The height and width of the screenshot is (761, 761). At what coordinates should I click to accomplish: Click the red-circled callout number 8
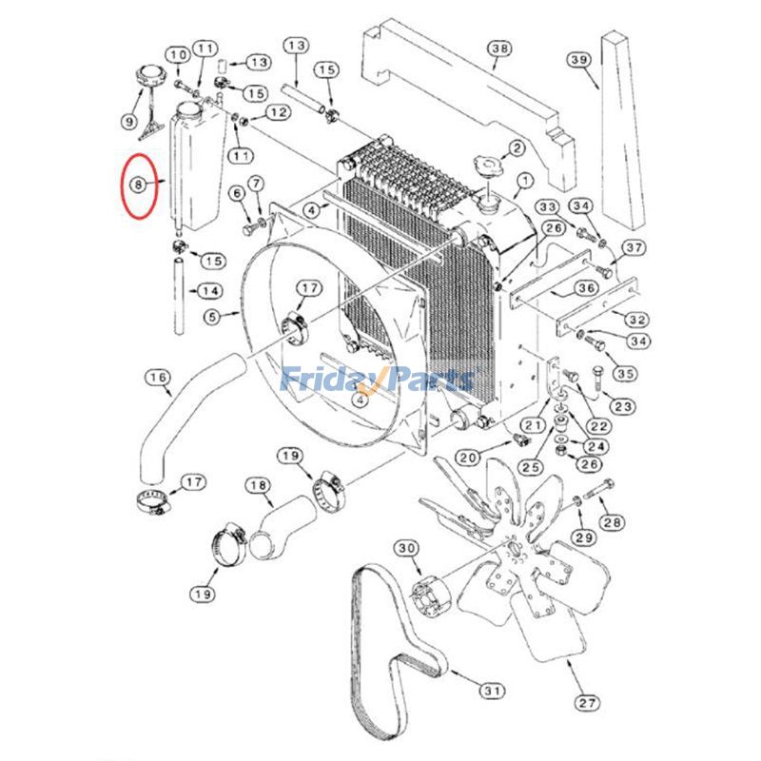pyautogui.click(x=139, y=183)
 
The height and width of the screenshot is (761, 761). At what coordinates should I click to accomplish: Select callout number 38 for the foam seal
pyautogui.click(x=499, y=49)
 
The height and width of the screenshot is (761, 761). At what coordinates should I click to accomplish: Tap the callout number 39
pyautogui.click(x=579, y=60)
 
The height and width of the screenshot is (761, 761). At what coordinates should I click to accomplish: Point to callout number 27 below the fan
pyautogui.click(x=587, y=703)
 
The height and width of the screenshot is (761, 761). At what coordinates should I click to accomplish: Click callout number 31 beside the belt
pyautogui.click(x=491, y=690)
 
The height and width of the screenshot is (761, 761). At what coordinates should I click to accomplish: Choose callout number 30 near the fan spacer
pyautogui.click(x=407, y=549)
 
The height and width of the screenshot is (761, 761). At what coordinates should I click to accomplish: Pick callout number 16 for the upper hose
pyautogui.click(x=158, y=379)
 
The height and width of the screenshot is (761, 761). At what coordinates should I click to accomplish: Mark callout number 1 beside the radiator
pyautogui.click(x=524, y=180)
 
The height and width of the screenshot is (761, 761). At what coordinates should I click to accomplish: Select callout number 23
pyautogui.click(x=623, y=407)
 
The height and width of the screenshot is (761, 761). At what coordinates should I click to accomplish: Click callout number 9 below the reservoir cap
pyautogui.click(x=128, y=121)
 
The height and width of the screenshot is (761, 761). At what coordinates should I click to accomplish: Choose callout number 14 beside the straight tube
pyautogui.click(x=210, y=290)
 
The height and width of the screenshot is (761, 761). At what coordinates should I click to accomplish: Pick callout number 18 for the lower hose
pyautogui.click(x=258, y=486)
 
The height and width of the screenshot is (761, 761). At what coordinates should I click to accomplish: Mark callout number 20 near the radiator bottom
pyautogui.click(x=467, y=458)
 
